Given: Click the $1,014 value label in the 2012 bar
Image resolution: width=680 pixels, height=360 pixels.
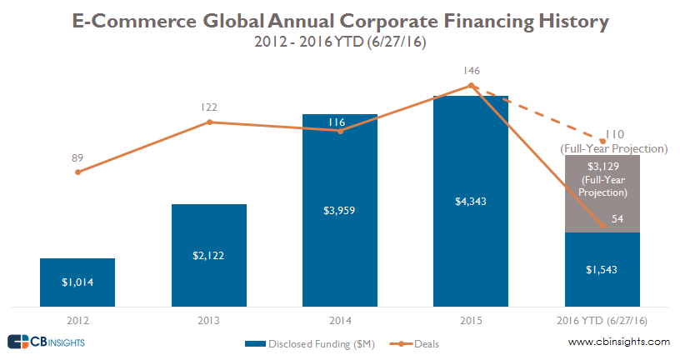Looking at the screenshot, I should [x=77, y=282].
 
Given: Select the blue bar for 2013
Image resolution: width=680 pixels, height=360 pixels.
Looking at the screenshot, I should [x=209, y=254].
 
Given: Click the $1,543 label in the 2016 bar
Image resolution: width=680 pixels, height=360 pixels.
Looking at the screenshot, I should [x=602, y=270].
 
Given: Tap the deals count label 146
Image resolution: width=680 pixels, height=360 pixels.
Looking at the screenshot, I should [x=471, y=71].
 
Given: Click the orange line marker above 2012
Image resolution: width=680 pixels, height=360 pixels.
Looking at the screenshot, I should [x=77, y=172].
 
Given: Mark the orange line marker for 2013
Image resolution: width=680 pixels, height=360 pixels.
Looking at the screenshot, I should [x=209, y=122].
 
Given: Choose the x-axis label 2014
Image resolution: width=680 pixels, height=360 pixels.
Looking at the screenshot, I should [x=340, y=320].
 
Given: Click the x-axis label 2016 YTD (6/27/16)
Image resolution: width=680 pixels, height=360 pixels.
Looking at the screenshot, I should [x=602, y=320].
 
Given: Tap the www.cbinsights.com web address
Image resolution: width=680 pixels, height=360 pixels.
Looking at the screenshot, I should [x=618, y=342].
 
